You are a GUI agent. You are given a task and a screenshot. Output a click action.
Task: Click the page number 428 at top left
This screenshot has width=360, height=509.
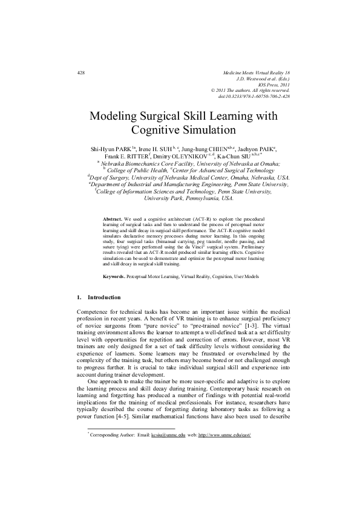click(x=81, y=73)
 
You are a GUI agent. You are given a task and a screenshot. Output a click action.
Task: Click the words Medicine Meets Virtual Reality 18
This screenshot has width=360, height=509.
click(x=257, y=73)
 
